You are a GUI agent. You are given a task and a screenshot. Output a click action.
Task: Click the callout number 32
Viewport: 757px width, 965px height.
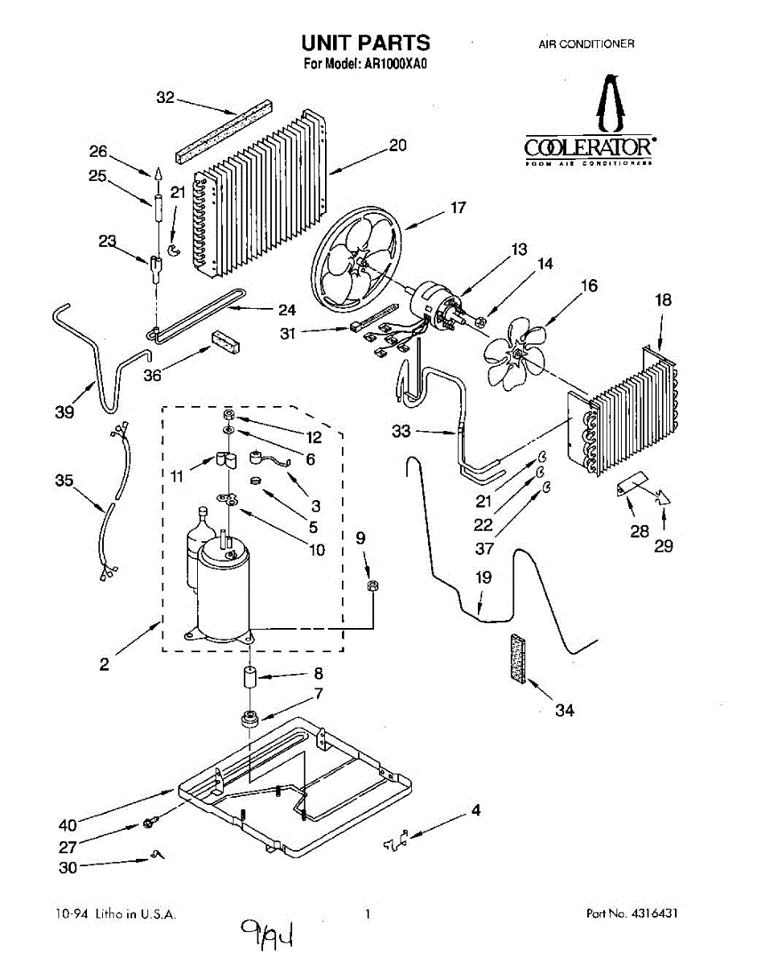tap(165, 98)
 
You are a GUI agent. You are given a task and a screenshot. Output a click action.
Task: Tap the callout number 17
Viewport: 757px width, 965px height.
tap(458, 207)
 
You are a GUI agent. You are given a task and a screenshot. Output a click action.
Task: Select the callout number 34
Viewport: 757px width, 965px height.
tap(565, 711)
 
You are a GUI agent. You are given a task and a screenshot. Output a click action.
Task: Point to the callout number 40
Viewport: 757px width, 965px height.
tap(68, 825)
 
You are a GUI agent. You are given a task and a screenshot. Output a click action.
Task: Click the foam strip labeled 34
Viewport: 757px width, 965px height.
tap(517, 660)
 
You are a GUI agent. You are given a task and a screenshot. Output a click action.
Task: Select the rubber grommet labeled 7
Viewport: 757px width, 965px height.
tap(250, 717)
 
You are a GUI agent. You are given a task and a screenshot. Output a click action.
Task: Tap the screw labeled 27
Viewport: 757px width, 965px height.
tap(150, 823)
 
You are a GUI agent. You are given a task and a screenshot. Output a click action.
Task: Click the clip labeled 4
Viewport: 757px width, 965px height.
tap(395, 841)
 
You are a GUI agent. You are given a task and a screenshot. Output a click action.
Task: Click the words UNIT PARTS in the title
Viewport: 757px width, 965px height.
tap(365, 42)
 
